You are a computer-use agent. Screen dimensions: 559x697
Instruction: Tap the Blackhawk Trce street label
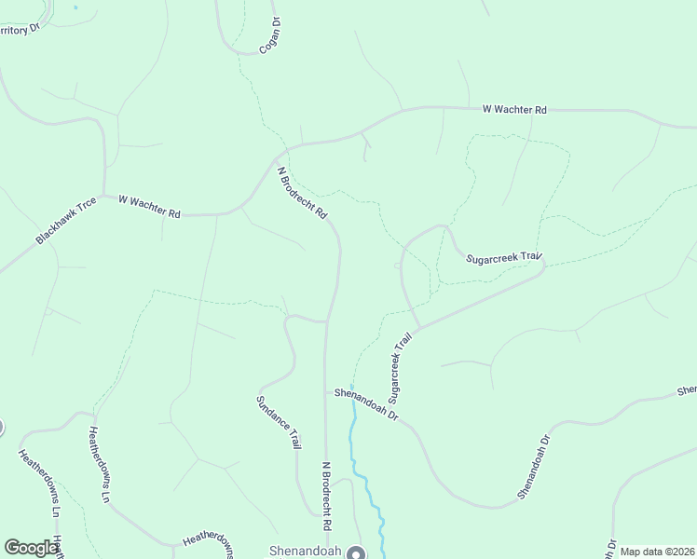[66, 221]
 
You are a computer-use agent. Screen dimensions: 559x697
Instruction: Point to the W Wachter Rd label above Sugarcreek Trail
[514, 110]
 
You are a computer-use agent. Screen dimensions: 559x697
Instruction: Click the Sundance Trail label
[279, 422]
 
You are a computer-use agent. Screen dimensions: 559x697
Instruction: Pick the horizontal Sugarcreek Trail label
[503, 256]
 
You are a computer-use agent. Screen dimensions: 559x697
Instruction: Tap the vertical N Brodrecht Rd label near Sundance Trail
[327, 489]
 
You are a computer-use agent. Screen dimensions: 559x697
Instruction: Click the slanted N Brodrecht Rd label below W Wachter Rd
[303, 193]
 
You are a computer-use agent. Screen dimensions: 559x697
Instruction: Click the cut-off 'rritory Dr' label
[21, 27]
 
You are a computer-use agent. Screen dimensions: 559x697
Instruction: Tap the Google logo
[31, 548]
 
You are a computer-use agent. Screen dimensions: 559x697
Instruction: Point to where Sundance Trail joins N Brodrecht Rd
[326, 321]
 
